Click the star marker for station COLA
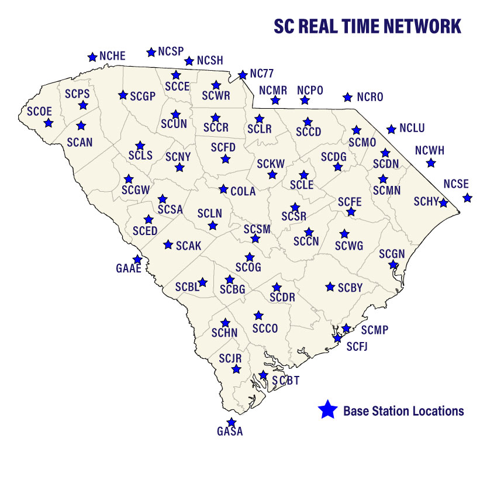coord(223,189)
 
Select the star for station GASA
coord(232,422)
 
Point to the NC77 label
coord(262,74)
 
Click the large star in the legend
coord(327,410)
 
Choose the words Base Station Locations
coord(403,411)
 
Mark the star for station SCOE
coord(49,123)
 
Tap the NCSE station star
coord(467,198)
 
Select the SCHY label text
coord(426,202)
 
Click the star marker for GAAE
coord(137,259)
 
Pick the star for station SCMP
coord(346,328)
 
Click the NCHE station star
coord(92,57)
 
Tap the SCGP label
coord(143,96)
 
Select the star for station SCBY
coord(330,286)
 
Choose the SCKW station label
coord(271,164)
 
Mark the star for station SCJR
coord(236,369)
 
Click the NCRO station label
coord(370,97)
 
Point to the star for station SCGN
coord(393,264)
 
